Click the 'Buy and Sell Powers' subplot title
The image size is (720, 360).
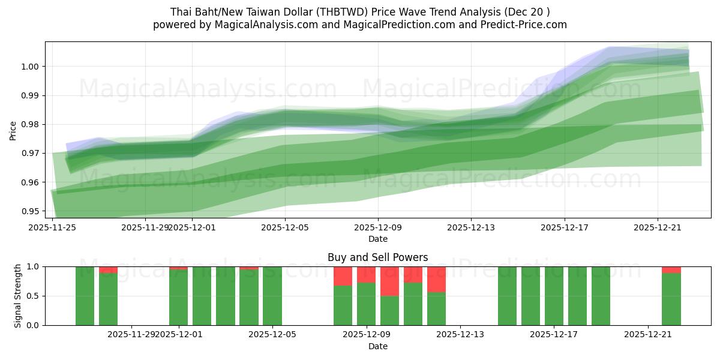click(x=377, y=257)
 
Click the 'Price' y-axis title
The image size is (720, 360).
click(x=13, y=130)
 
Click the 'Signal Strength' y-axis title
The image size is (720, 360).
click(x=17, y=296)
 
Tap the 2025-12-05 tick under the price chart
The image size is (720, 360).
click(x=285, y=227)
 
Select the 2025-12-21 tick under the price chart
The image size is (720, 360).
click(x=658, y=227)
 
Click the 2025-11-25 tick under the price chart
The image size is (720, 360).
click(x=53, y=227)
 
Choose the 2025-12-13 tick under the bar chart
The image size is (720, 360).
click(x=460, y=335)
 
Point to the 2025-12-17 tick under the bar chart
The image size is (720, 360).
click(x=554, y=335)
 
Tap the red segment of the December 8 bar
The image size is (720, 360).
click(x=343, y=276)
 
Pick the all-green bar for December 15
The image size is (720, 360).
click(x=507, y=296)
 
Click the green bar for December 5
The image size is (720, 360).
click(x=272, y=296)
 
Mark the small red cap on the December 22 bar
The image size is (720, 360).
click(x=671, y=269)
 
